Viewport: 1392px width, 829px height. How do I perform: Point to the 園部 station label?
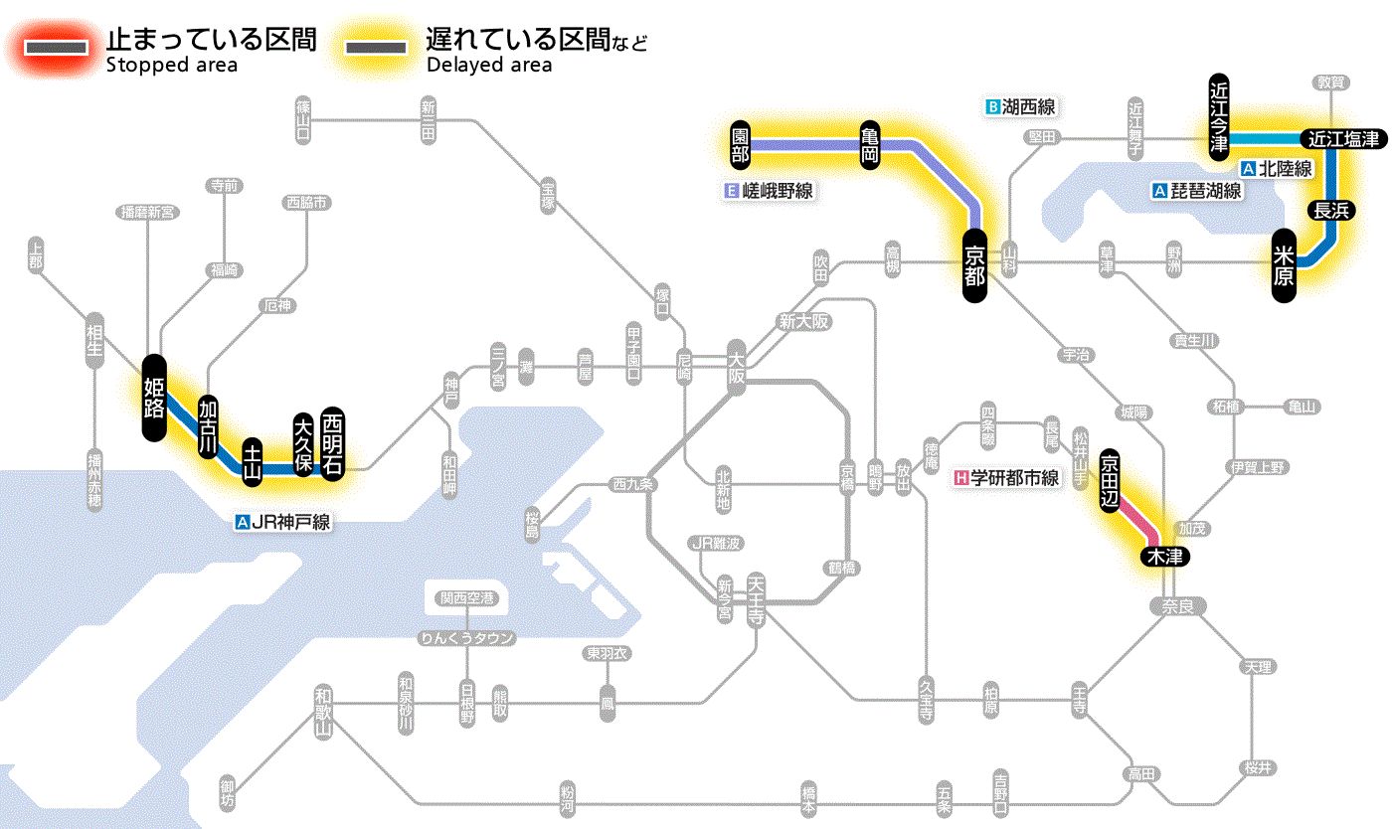pos(740,145)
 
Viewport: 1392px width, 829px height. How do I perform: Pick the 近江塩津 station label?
pos(1342,139)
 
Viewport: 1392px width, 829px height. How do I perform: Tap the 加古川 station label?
pos(208,427)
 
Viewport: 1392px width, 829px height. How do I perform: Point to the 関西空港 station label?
pos(467,598)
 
